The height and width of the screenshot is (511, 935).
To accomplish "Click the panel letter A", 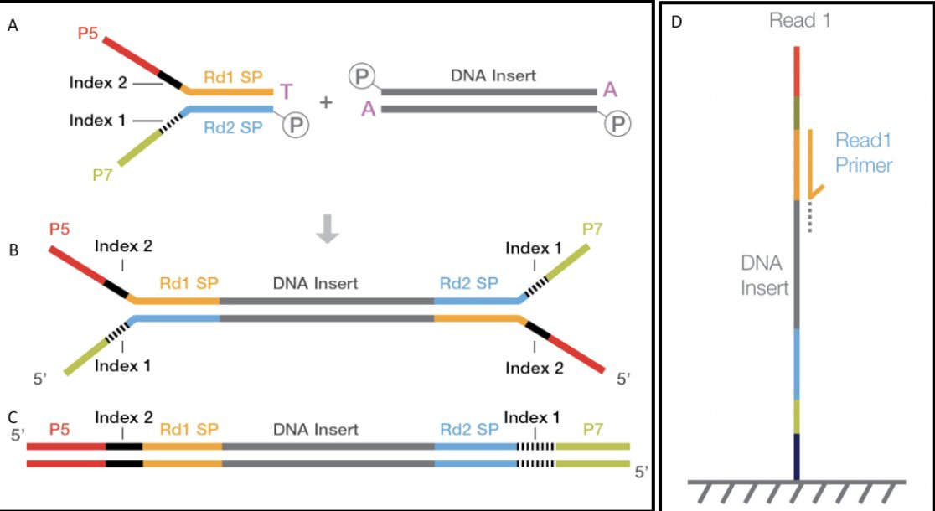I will coord(13,26).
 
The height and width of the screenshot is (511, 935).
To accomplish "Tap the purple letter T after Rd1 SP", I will coord(287,90).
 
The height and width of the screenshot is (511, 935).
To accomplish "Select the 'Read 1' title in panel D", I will coord(799,21).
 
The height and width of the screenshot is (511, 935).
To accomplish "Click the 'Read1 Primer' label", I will coord(864,153).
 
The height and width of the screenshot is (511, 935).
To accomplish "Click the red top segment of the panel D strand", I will coord(797,70).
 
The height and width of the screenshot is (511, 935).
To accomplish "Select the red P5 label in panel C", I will coord(59,429).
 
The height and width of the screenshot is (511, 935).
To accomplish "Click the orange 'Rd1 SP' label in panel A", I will coord(232,77).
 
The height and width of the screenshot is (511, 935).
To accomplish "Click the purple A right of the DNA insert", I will coord(610,90).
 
